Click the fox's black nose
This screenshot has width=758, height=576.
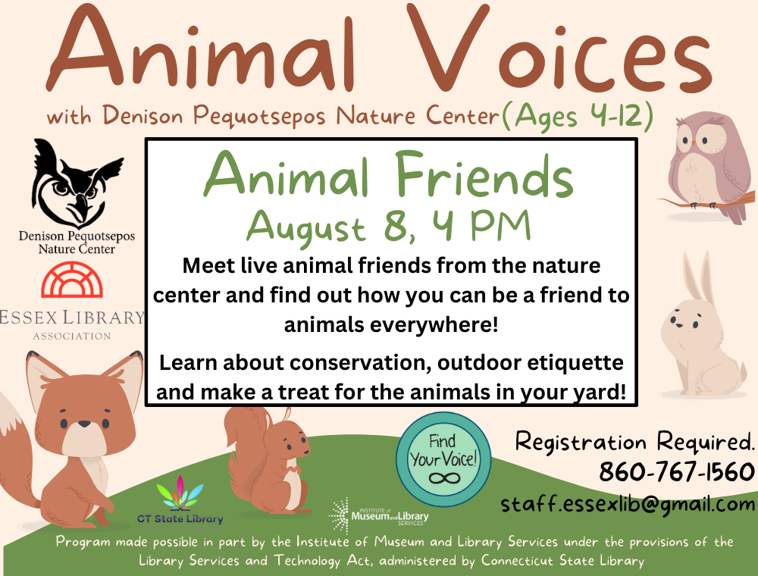(85, 424)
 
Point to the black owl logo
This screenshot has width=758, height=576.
(77, 183)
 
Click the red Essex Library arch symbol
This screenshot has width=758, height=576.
(72, 280)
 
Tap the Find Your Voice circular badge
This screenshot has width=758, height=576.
(443, 459)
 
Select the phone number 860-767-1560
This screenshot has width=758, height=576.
(677, 471)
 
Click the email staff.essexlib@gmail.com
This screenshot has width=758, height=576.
(628, 504)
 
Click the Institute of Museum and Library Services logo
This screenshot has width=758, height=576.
(378, 516)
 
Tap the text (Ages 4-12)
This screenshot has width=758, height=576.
(578, 117)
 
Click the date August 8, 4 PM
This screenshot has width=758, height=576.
(389, 226)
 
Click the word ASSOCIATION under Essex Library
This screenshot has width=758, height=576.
(72, 336)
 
